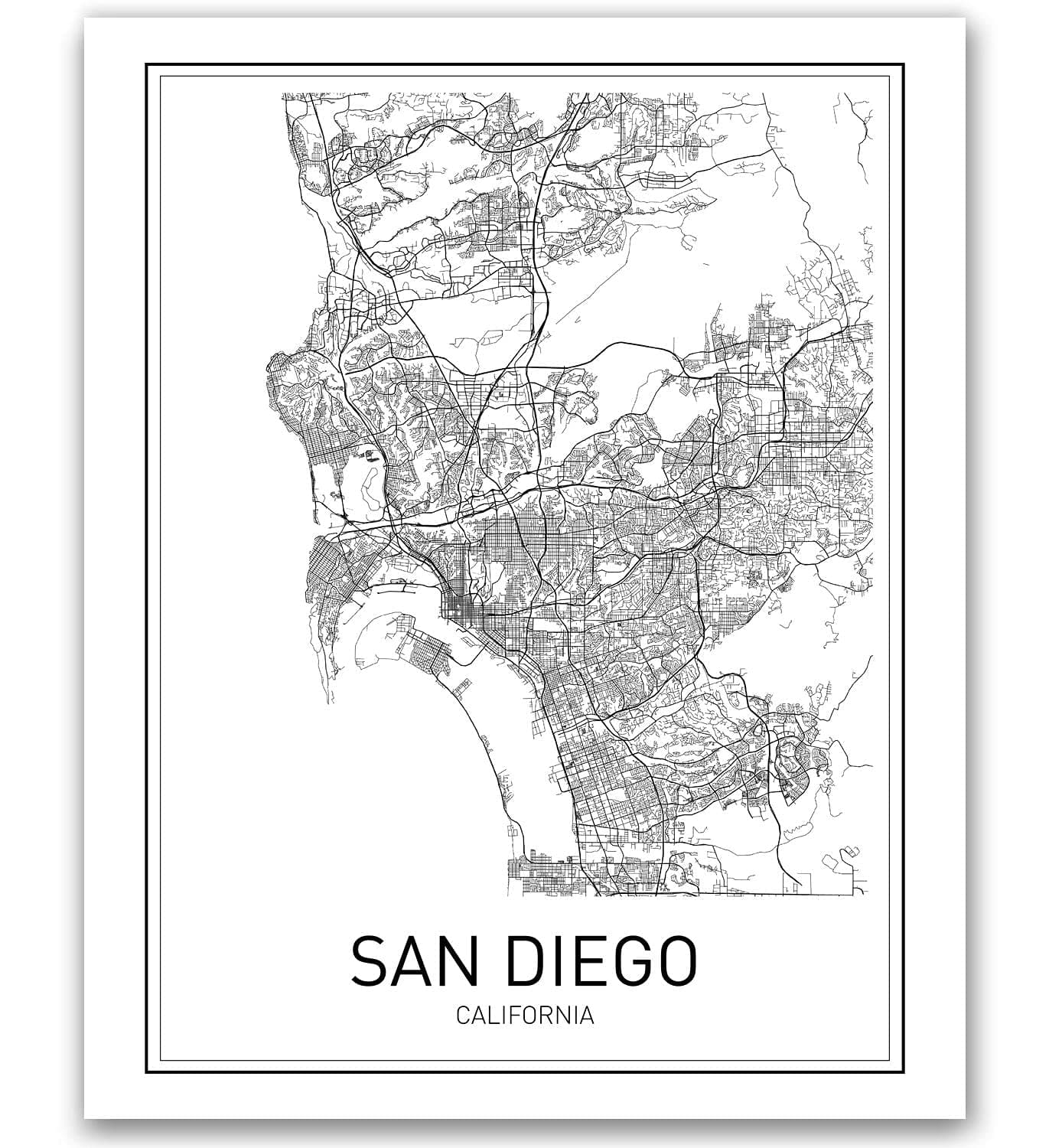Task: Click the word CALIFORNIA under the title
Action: pos(525,1016)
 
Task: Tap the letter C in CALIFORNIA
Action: pos(463,1016)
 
